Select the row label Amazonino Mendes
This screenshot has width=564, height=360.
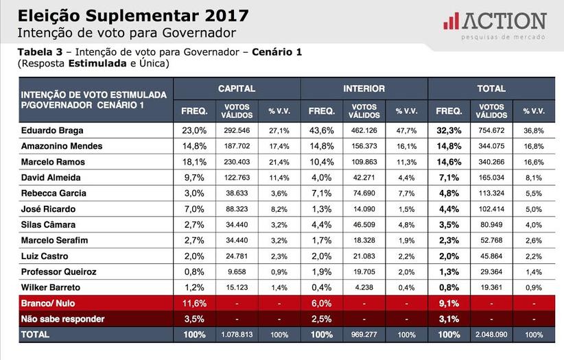click(62, 146)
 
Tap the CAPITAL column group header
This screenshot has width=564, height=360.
click(237, 88)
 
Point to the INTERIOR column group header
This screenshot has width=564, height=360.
click(364, 88)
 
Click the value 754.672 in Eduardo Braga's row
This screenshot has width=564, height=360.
click(492, 130)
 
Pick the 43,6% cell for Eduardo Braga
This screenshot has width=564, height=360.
click(322, 130)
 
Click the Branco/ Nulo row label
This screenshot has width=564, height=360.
click(50, 303)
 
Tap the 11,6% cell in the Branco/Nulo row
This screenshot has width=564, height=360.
click(194, 303)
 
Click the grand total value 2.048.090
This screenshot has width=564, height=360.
click(492, 335)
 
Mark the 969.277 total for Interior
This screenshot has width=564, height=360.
click(364, 335)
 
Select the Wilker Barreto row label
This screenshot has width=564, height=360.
click(50, 287)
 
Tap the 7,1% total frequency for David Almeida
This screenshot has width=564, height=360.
click(449, 178)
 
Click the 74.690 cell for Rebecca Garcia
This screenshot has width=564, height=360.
click(364, 193)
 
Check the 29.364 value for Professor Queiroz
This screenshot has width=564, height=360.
click(492, 272)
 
